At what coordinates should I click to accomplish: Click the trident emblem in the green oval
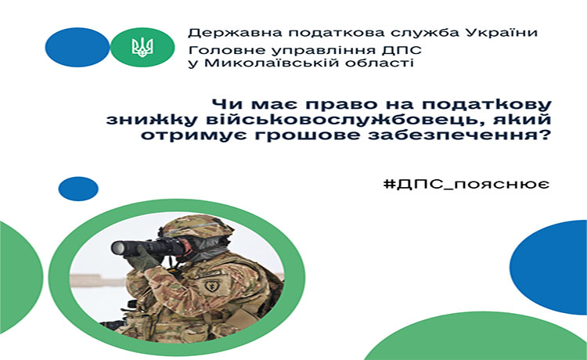tap(142, 48)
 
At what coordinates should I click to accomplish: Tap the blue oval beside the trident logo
tap(77, 47)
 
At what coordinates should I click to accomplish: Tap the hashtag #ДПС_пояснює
tap(466, 185)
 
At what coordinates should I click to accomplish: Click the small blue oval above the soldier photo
tap(78, 189)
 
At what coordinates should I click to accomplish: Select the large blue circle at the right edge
tap(549, 267)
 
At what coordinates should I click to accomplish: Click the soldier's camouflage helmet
tap(196, 226)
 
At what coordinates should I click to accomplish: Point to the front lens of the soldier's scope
tap(118, 247)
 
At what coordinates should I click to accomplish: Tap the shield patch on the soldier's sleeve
tap(213, 286)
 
